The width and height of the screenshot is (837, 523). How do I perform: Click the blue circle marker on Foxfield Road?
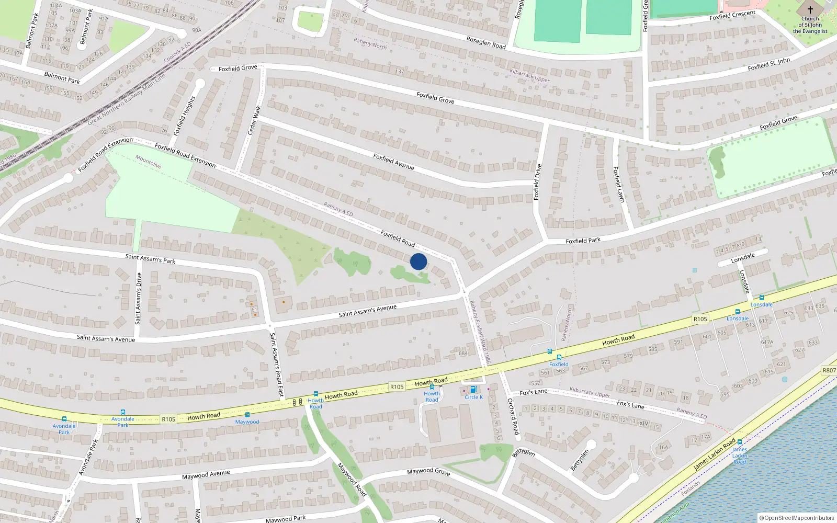click(418, 261)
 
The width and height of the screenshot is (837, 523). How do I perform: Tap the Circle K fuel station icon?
click(473, 390)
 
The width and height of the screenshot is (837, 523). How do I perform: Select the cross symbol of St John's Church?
click(810, 10)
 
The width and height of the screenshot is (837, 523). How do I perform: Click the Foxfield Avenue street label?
click(393, 162)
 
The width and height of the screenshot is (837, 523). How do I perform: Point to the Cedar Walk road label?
click(254, 120)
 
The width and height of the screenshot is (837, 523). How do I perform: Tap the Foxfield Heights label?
click(184, 116)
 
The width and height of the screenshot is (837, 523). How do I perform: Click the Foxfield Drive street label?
click(537, 182)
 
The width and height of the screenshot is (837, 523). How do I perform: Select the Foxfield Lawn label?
click(619, 185)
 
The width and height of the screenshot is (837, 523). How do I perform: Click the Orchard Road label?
click(513, 416)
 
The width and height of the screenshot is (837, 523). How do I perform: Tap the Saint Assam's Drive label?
click(139, 298)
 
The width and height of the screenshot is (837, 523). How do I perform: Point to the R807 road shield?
click(829, 370)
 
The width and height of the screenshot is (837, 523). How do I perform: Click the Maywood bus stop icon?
click(247, 415)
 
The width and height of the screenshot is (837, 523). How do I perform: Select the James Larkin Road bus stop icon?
click(740, 442)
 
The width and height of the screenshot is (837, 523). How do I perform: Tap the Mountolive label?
click(148, 161)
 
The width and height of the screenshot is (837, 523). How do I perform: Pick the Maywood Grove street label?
click(428, 471)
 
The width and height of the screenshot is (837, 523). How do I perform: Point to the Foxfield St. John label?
click(769, 64)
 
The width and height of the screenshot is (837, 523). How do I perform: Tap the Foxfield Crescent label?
click(732, 15)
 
